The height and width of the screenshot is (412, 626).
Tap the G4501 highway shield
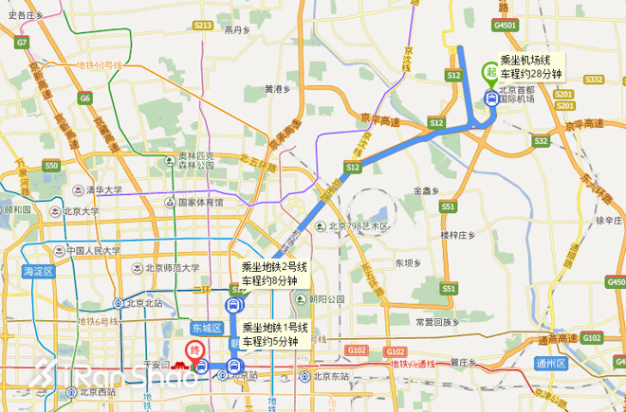click(x=505, y=25)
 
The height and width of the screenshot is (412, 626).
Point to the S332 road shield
click(x=594, y=80)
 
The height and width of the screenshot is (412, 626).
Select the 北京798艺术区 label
click(x=359, y=226)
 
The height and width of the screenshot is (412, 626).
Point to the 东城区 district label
click(x=205, y=329)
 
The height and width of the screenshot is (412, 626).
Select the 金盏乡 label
click(x=428, y=191)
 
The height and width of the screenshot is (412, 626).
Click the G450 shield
click(x=616, y=282)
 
